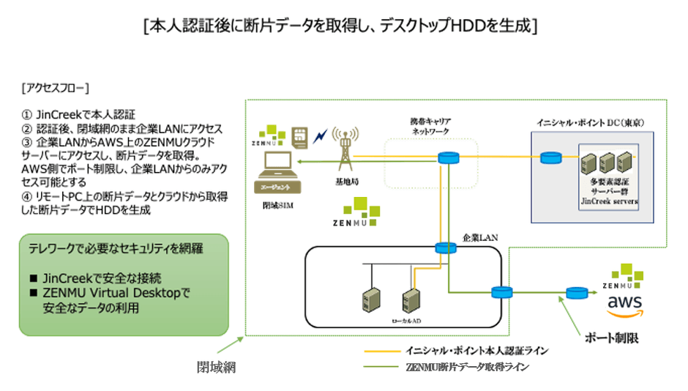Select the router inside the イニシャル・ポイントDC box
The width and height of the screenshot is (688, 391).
point(550,157)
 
